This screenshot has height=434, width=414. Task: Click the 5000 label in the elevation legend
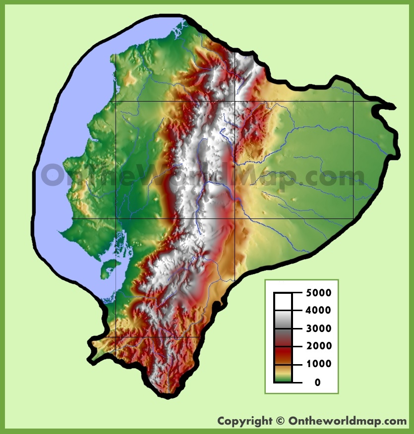coord(318,293)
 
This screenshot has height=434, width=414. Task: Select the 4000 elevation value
coord(318,311)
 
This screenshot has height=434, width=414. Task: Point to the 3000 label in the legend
coord(318,328)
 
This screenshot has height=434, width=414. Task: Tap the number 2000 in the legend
coord(318,346)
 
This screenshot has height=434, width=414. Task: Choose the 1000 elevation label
coord(318,364)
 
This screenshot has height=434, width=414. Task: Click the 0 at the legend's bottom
coord(317,382)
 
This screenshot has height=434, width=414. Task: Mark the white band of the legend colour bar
coord(283,301)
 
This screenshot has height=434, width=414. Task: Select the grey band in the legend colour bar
coord(283,325)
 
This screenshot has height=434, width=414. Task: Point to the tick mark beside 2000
coord(296,346)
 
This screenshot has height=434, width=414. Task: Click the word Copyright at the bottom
coord(244,421)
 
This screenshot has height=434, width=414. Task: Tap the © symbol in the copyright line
coord(280,421)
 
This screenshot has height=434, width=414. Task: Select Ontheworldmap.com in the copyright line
coord(348,421)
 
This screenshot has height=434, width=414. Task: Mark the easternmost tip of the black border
coord(395,107)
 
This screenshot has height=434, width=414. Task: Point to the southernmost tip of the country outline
coord(169,395)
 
